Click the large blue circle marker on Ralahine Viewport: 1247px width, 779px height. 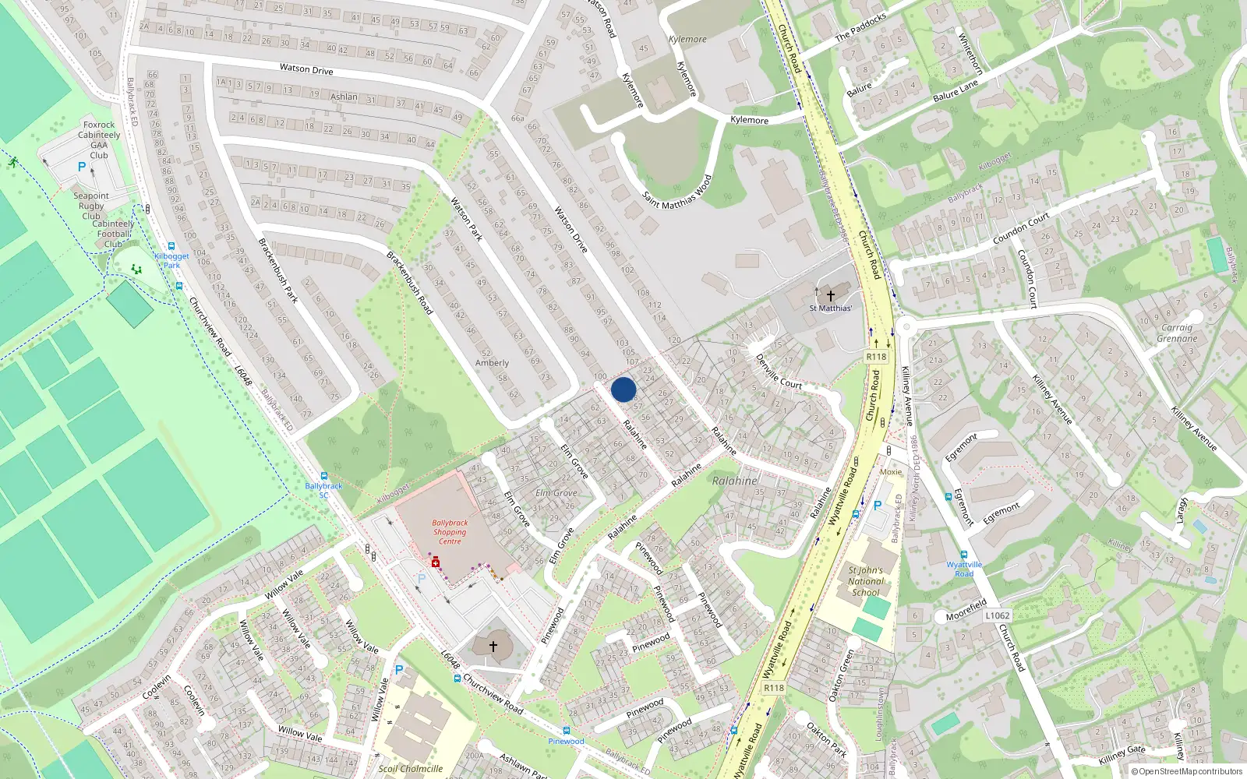coord(623,389)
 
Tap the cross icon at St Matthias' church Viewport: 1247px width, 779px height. coord(830,295)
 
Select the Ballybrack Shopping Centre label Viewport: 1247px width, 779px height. coord(450,532)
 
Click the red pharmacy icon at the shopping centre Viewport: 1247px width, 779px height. coord(436,562)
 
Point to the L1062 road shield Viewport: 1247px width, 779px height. coord(997,615)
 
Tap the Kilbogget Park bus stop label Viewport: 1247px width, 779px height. coord(171,260)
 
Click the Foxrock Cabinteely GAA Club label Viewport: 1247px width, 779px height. coord(99,139)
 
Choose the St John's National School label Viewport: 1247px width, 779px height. coord(865,581)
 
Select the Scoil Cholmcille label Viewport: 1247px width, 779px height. coord(411,768)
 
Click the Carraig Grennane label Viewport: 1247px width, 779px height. coord(1177,333)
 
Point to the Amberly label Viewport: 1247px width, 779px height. coord(492,363)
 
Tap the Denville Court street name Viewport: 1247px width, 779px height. coord(779,372)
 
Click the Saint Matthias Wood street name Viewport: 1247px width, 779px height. coord(677,192)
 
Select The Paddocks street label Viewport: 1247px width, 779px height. coord(860,27)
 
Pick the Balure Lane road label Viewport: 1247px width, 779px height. coord(955,91)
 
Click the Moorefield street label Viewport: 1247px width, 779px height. coord(966,609)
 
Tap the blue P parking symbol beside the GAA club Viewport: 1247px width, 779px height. coord(82,167)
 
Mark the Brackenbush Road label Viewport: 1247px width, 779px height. coord(410,283)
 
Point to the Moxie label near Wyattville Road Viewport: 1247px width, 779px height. coord(891,472)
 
